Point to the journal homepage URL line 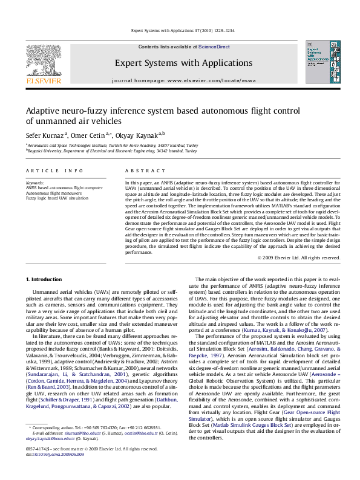click(x=180, y=80)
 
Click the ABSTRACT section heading click(x=140, y=172)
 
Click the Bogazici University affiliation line click(x=112, y=152)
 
